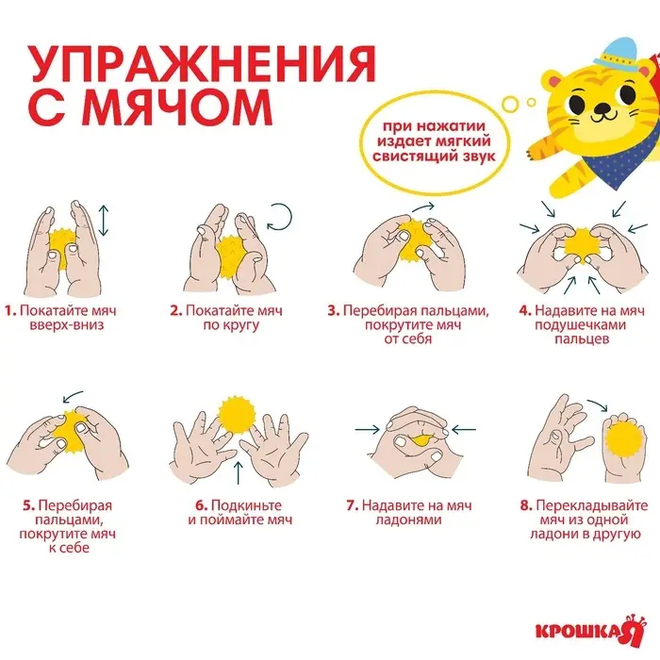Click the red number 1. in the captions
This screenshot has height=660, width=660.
pyautogui.click(x=10, y=309)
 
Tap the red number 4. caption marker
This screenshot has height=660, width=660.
pyautogui.click(x=525, y=309)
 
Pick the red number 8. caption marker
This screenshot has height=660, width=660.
pyautogui.click(x=525, y=504)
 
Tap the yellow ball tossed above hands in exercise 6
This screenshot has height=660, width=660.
pyautogui.click(x=236, y=415)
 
